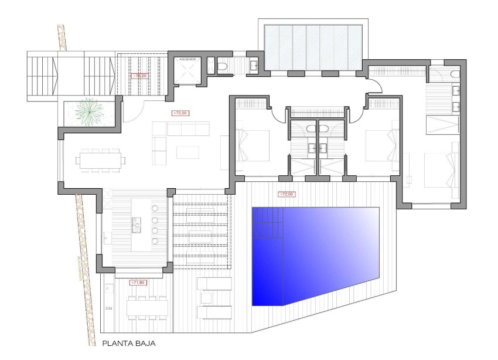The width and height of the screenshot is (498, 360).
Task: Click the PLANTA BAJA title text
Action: coord(129,345)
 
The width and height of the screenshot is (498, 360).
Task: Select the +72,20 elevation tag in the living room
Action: coord(179,112)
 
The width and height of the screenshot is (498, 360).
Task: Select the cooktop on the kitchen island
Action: coord(137,222)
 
